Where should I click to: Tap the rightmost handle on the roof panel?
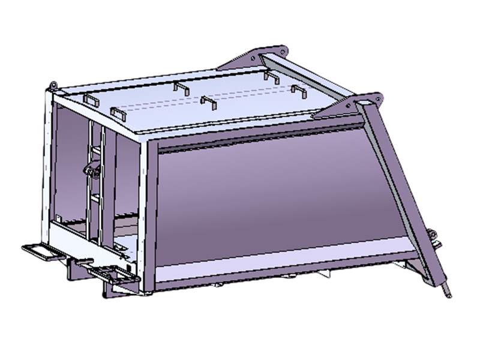[299, 91]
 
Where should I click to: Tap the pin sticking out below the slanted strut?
[448, 291]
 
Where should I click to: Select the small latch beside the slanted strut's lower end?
[433, 237]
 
